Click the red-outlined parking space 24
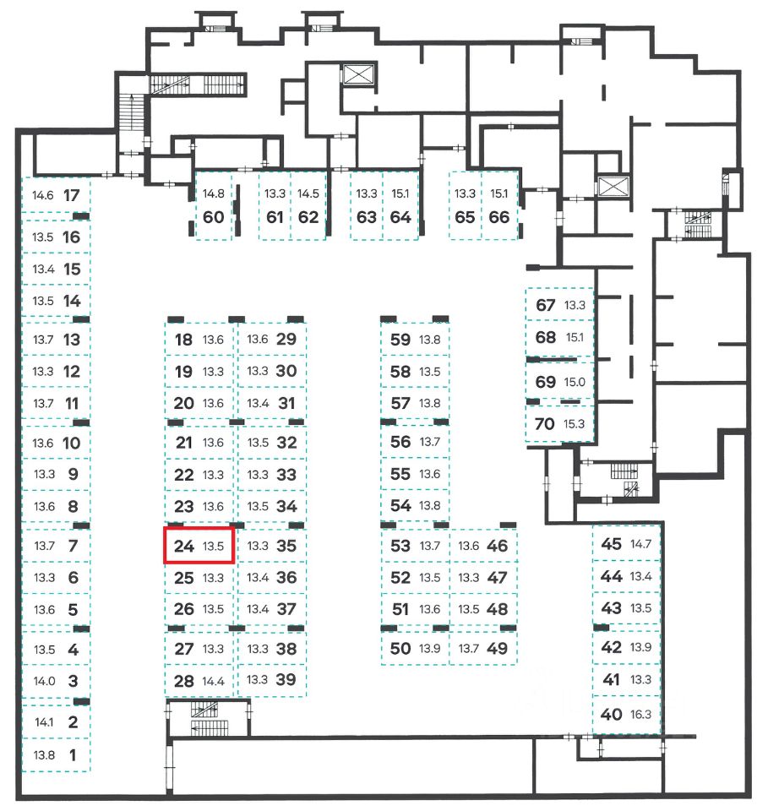[x=199, y=546]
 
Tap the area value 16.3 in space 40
[x=639, y=714]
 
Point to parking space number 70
[x=546, y=423]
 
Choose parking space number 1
[x=72, y=755]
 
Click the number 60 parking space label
[x=214, y=217]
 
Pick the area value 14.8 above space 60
[x=214, y=193]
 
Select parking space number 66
[x=499, y=217]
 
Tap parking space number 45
[x=611, y=543]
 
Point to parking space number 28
[x=183, y=680]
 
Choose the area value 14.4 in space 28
[x=214, y=680]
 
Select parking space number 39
[x=286, y=680]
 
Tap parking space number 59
[x=400, y=340]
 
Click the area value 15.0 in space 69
[x=575, y=382]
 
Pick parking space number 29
[x=286, y=340]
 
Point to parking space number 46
[x=498, y=546]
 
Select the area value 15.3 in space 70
[x=575, y=424]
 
